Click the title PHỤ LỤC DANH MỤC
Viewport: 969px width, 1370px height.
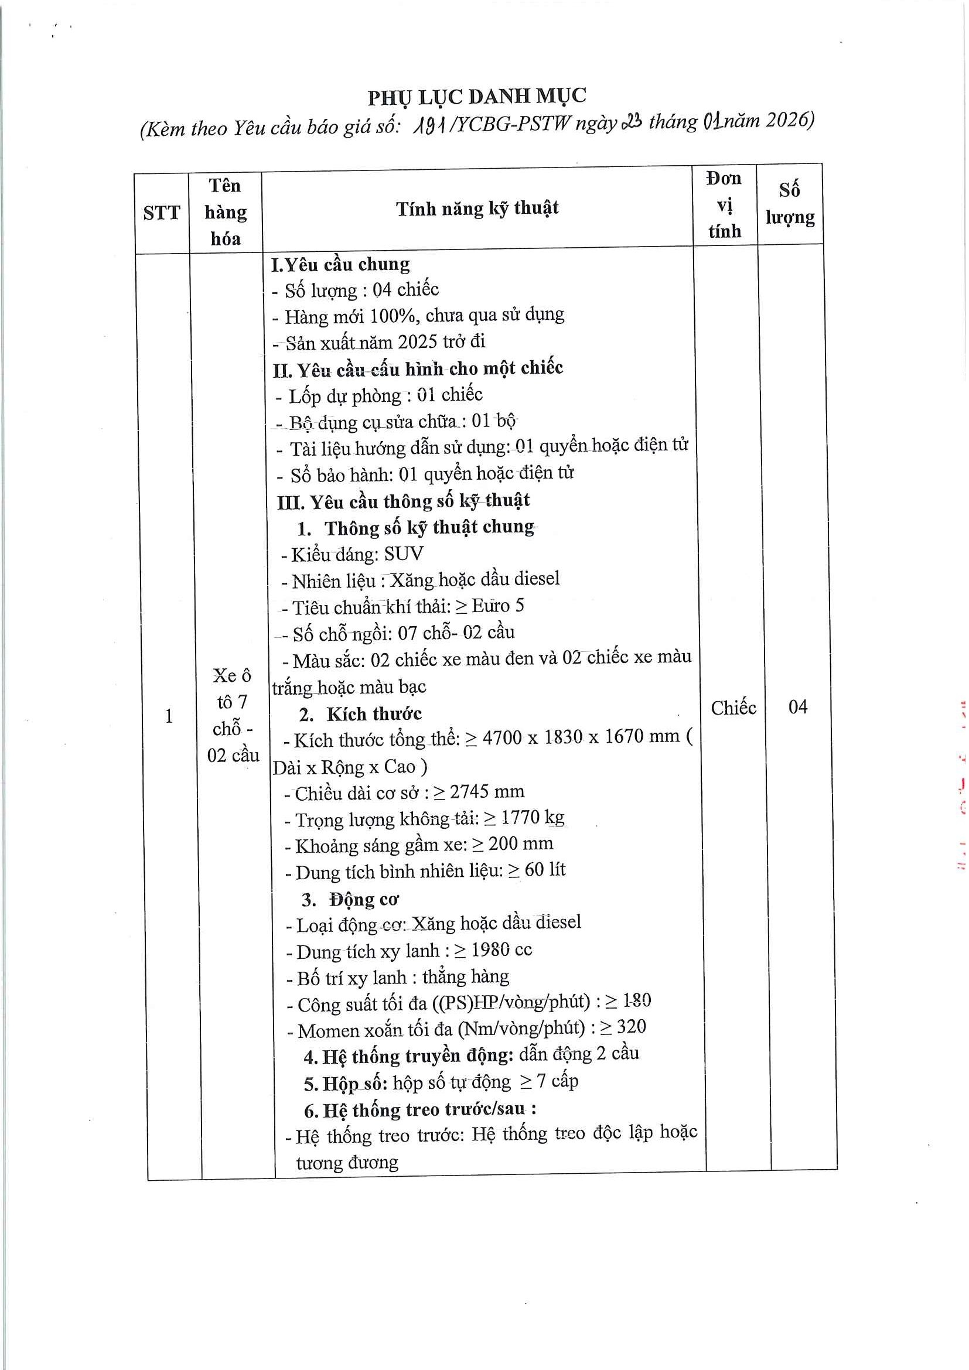[477, 97]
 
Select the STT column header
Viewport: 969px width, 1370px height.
[161, 213]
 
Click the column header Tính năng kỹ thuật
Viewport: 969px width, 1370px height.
[477, 209]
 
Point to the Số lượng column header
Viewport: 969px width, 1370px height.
[790, 203]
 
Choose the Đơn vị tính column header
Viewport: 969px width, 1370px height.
[724, 204]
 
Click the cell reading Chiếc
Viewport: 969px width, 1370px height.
[733, 708]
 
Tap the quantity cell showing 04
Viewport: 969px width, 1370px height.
[798, 707]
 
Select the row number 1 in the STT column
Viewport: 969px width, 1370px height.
[169, 715]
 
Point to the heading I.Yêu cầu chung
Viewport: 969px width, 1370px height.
[341, 264]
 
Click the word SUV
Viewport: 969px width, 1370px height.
[404, 554]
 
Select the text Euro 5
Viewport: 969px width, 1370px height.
[497, 606]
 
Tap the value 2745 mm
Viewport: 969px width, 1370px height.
[487, 792]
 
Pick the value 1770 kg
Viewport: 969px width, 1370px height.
[532, 818]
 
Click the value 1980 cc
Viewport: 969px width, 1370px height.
[501, 950]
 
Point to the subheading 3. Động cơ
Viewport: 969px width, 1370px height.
[350, 899]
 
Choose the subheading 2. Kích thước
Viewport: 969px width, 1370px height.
[360, 714]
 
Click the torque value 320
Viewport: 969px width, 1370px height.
[632, 1027]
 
